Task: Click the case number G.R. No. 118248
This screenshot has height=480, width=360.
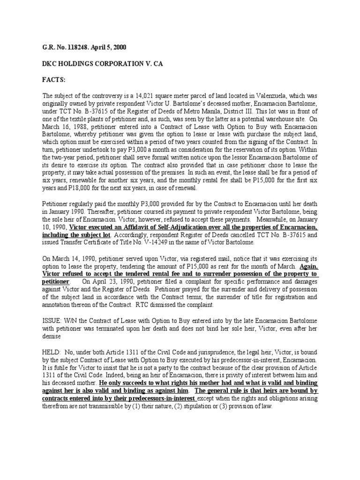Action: pos(61,47)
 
